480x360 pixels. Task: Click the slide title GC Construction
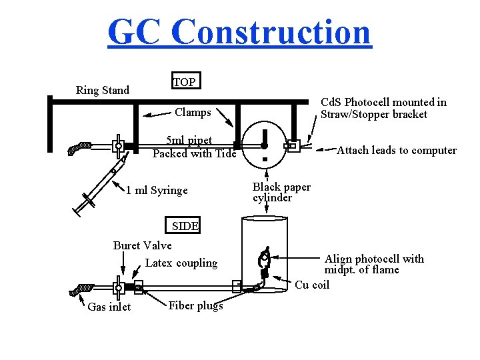pyautogui.click(x=239, y=32)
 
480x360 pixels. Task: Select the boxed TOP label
pyautogui.click(x=185, y=82)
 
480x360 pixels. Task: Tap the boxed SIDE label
pyautogui.click(x=185, y=226)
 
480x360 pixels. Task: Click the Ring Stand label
pyautogui.click(x=103, y=90)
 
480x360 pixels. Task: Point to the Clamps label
pyautogui.click(x=193, y=112)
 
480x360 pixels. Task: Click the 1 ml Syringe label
pyautogui.click(x=157, y=191)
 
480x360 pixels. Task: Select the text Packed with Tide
pyautogui.click(x=194, y=153)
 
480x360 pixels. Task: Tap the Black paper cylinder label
pyautogui.click(x=281, y=192)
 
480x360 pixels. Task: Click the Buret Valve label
pyautogui.click(x=142, y=245)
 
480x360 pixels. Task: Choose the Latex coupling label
pyautogui.click(x=181, y=263)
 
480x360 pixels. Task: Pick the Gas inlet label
pyautogui.click(x=109, y=307)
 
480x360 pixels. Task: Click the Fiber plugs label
pyautogui.click(x=195, y=306)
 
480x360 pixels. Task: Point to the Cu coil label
pyautogui.click(x=312, y=285)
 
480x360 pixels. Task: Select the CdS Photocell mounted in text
pyautogui.click(x=383, y=102)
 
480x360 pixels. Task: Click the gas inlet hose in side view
pyautogui.click(x=83, y=289)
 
